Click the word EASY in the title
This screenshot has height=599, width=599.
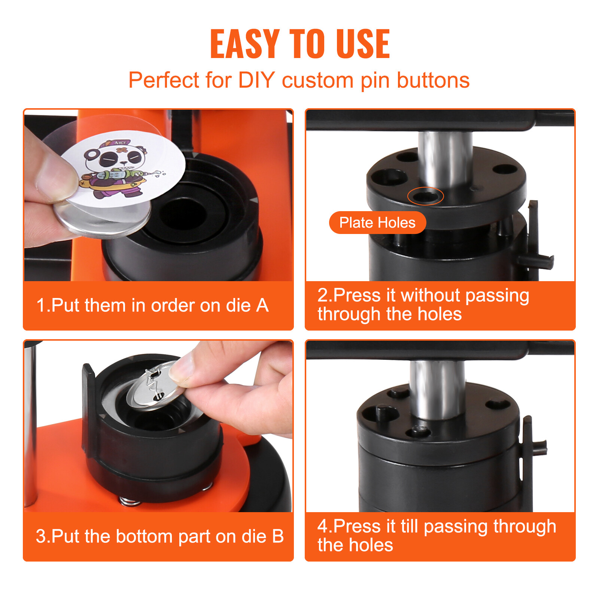245,44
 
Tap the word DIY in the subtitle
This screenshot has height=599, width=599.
256,80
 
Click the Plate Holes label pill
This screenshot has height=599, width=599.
377,223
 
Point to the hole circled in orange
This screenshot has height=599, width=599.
425,196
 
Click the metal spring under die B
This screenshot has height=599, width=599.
129,501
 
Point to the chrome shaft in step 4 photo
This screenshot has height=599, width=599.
437,389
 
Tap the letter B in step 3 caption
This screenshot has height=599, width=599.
277,536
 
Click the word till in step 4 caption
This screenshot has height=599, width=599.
409,526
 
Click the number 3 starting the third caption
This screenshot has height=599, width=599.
40,536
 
